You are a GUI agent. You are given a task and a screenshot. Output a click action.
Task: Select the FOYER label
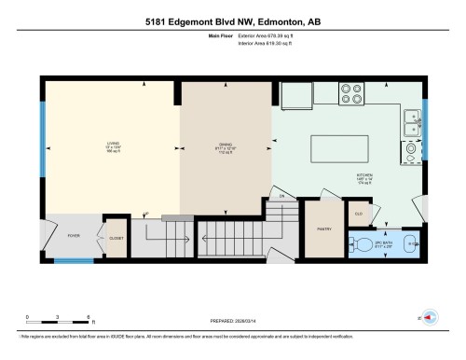[73, 236]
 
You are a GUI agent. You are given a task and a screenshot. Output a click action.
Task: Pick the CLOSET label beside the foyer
[116, 237]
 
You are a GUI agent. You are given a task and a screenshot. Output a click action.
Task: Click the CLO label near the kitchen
[358, 214]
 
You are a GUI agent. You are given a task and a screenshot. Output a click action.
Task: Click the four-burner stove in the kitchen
[353, 94]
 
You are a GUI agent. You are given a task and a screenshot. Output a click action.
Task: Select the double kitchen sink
[411, 119]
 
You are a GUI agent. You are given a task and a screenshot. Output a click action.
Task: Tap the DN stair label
[280, 197]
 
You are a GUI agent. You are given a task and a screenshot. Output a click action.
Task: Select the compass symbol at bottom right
[429, 316]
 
